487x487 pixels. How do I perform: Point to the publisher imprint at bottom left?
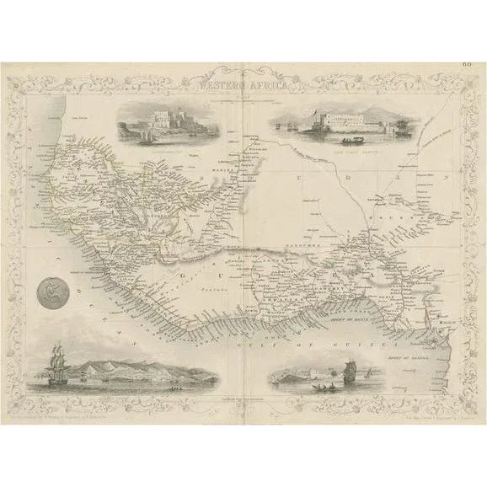pos(84,415)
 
